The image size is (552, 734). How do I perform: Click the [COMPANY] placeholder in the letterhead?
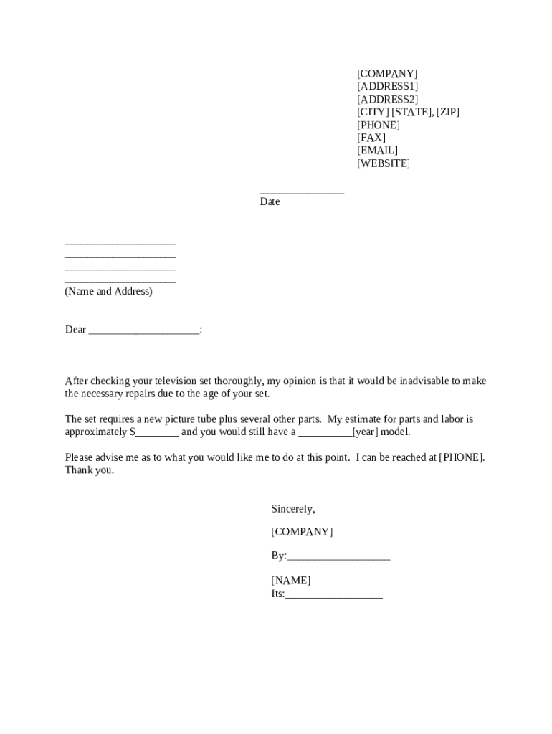(387, 74)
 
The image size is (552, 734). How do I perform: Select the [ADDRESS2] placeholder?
(387, 100)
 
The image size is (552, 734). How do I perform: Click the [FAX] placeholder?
(371, 138)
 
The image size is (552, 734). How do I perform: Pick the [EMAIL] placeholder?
(377, 151)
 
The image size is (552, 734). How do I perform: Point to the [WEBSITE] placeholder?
(384, 163)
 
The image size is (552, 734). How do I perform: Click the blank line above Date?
(302, 191)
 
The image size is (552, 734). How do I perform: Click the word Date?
(270, 202)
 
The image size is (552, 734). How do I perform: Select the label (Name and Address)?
(108, 292)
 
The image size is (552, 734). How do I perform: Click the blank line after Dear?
(144, 331)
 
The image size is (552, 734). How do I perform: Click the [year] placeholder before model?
(365, 432)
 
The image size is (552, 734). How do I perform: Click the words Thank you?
(89, 471)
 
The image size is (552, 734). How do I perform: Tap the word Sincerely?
(292, 509)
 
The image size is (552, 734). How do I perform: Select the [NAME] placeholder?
(290, 581)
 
